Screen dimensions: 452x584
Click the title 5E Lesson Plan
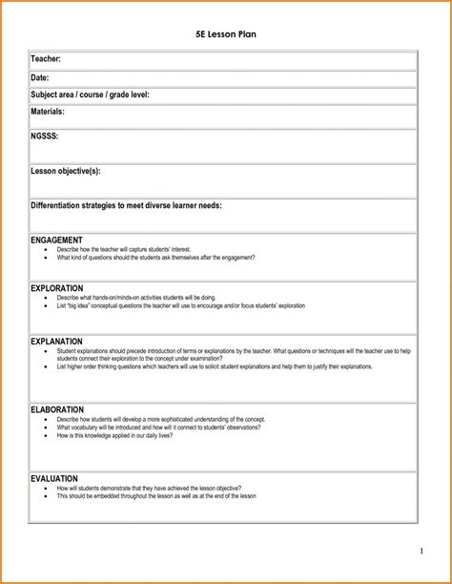pos(225,35)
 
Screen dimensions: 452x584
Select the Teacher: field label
pos(47,60)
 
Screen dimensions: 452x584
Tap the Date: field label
pos(40,77)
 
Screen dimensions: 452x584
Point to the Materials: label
pos(48,112)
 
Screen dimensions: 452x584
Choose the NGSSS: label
pos(45,136)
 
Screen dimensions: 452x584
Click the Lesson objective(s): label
pos(66,171)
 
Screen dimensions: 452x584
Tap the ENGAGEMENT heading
pos(56,240)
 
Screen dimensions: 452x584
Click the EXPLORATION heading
pos(57,288)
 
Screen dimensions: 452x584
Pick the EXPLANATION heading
pos(56,341)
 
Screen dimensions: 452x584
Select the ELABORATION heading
pos(57,409)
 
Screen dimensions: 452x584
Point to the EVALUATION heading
pos(54,478)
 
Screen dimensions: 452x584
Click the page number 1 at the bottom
pos(421,552)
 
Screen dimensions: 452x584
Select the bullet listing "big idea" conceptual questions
pos(181,305)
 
